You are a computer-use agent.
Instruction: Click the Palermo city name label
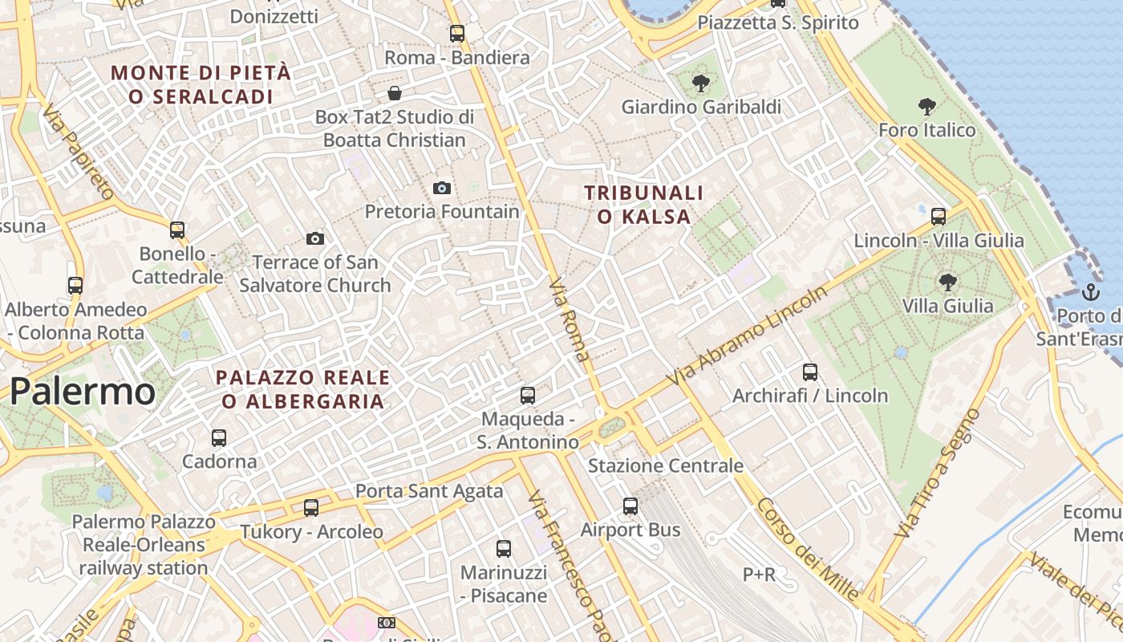point(83,391)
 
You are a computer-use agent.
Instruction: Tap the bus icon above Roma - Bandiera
point(457,34)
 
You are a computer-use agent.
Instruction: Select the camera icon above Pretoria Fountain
point(441,188)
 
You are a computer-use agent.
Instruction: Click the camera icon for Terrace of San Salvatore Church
point(315,238)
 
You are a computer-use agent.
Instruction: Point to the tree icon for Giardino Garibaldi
point(701,83)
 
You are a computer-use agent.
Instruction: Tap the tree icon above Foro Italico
point(927,106)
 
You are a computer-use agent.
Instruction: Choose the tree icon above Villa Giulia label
point(948,282)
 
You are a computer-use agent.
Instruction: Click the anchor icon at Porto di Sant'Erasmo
point(1090,291)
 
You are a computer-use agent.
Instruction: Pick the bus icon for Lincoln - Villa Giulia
point(939,216)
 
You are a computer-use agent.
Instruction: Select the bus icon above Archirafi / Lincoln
point(810,372)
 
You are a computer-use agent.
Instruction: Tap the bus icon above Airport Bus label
point(630,506)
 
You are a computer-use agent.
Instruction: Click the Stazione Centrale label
point(666,465)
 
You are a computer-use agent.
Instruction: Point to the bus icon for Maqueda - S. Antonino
point(528,395)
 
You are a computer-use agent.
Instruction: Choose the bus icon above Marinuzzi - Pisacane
point(504,549)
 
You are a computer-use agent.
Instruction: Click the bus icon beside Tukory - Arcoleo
point(311,508)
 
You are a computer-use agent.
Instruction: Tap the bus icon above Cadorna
point(219,438)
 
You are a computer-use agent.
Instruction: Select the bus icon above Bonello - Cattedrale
point(177,230)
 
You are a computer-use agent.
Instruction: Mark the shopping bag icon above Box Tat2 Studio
point(394,93)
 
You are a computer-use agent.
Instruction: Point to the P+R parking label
point(759,574)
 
